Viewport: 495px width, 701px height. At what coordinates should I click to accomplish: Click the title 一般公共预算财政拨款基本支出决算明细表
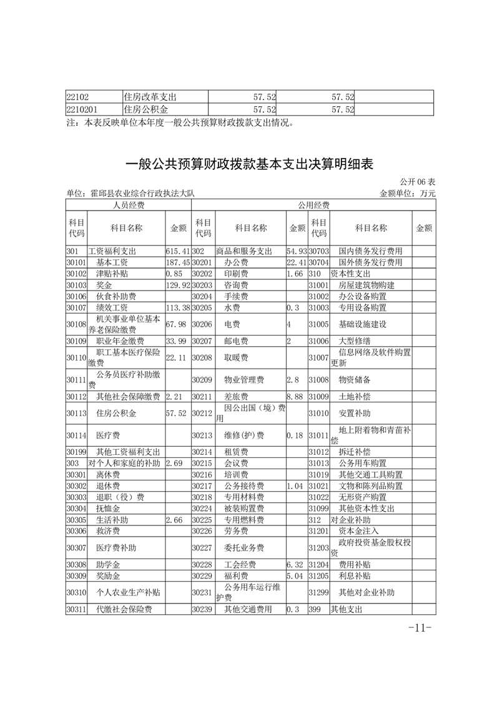coord(249,164)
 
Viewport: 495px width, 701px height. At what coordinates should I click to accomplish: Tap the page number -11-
coord(419,627)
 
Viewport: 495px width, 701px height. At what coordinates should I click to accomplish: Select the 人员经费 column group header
coord(128,205)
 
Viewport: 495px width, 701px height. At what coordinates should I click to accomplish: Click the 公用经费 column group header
coord(313,205)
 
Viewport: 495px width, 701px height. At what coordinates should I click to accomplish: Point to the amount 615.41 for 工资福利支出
coord(177,251)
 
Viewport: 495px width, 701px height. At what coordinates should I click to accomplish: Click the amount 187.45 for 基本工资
coord(177,262)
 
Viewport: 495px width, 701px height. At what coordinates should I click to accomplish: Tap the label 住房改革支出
coord(150,97)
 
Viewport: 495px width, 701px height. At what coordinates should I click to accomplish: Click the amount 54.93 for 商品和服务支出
coord(296,251)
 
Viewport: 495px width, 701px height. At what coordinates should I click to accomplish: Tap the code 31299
coord(318,592)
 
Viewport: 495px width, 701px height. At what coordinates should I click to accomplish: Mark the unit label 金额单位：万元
coord(407,194)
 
